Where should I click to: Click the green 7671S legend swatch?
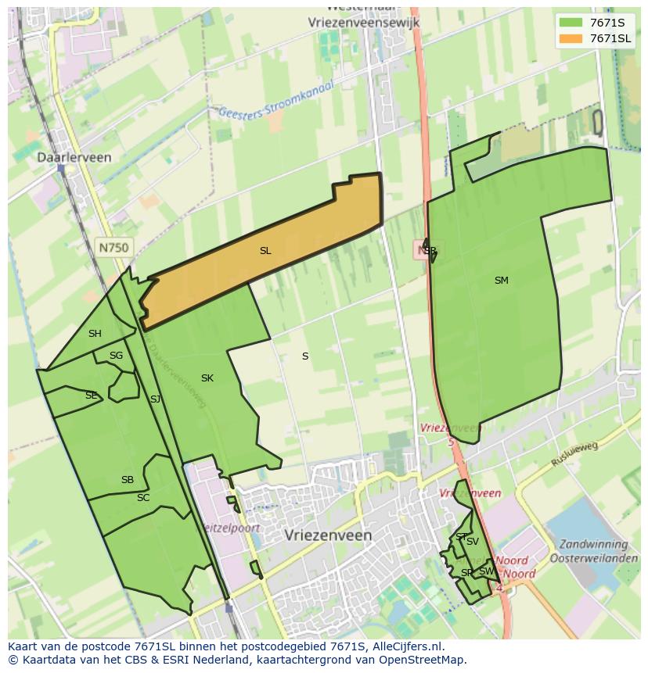[x=571, y=23]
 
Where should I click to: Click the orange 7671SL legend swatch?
[x=571, y=38]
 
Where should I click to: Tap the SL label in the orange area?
[x=265, y=251]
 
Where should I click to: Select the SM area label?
[x=502, y=280]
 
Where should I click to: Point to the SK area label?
[x=207, y=378]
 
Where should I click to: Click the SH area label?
[x=95, y=334]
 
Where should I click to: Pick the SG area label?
[x=116, y=356]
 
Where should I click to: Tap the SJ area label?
[x=155, y=399]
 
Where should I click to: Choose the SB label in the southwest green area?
[x=128, y=480]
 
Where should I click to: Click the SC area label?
[x=143, y=498]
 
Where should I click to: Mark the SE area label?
[x=91, y=396]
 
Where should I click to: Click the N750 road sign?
[x=113, y=248]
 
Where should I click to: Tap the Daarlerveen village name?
[x=74, y=157]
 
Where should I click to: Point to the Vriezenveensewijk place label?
[x=364, y=23]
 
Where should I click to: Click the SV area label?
[x=473, y=542]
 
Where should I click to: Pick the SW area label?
[x=486, y=571]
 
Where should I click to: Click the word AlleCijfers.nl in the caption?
[x=409, y=646]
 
